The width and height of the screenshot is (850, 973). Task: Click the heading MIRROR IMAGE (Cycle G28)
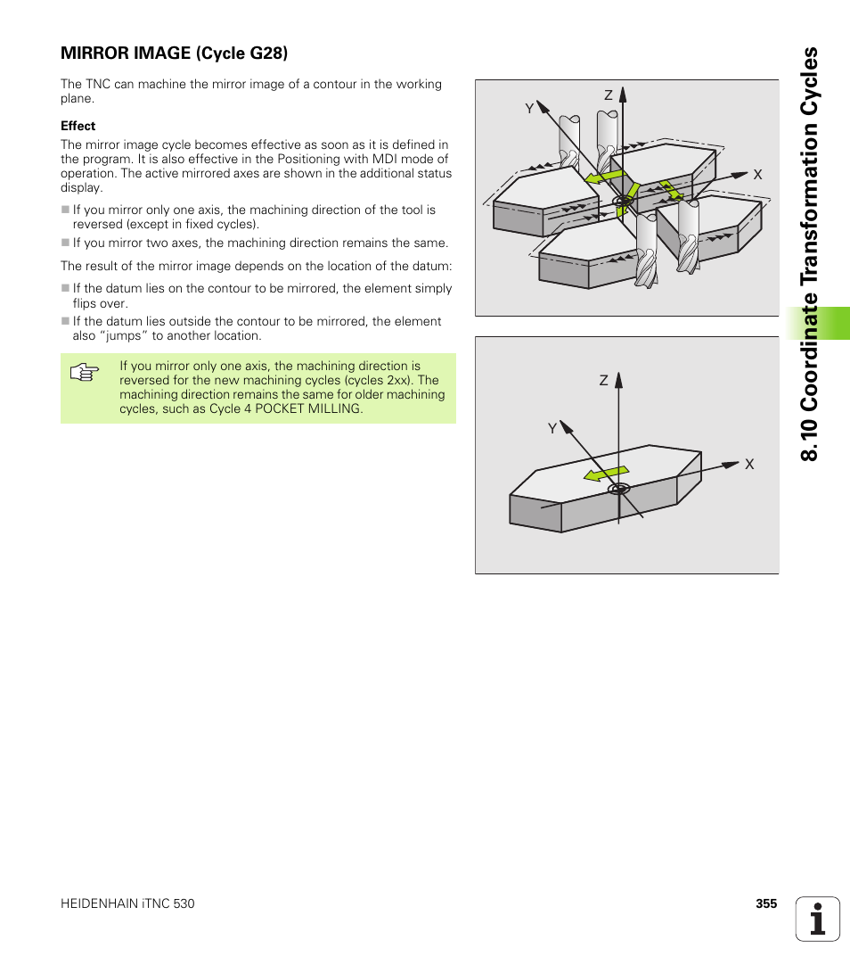tap(174, 53)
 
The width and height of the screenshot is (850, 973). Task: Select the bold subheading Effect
tap(78, 126)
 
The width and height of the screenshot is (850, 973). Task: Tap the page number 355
tap(766, 903)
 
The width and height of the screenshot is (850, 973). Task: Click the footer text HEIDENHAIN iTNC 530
tap(127, 903)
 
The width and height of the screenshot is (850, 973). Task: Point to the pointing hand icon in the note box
tap(82, 373)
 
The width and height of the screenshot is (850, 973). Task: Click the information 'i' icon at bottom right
tap(817, 919)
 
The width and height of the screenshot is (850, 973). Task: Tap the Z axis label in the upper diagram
tap(609, 95)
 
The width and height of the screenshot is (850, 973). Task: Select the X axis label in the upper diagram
tap(757, 176)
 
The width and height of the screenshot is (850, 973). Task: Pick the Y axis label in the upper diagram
tap(528, 108)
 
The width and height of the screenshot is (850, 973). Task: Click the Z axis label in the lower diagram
tap(603, 381)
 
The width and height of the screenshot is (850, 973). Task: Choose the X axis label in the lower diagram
tap(749, 465)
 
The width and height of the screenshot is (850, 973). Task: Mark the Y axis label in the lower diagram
tap(552, 429)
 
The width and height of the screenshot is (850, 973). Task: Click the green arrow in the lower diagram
tap(606, 473)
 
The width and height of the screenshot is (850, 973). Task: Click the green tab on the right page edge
tap(817, 323)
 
